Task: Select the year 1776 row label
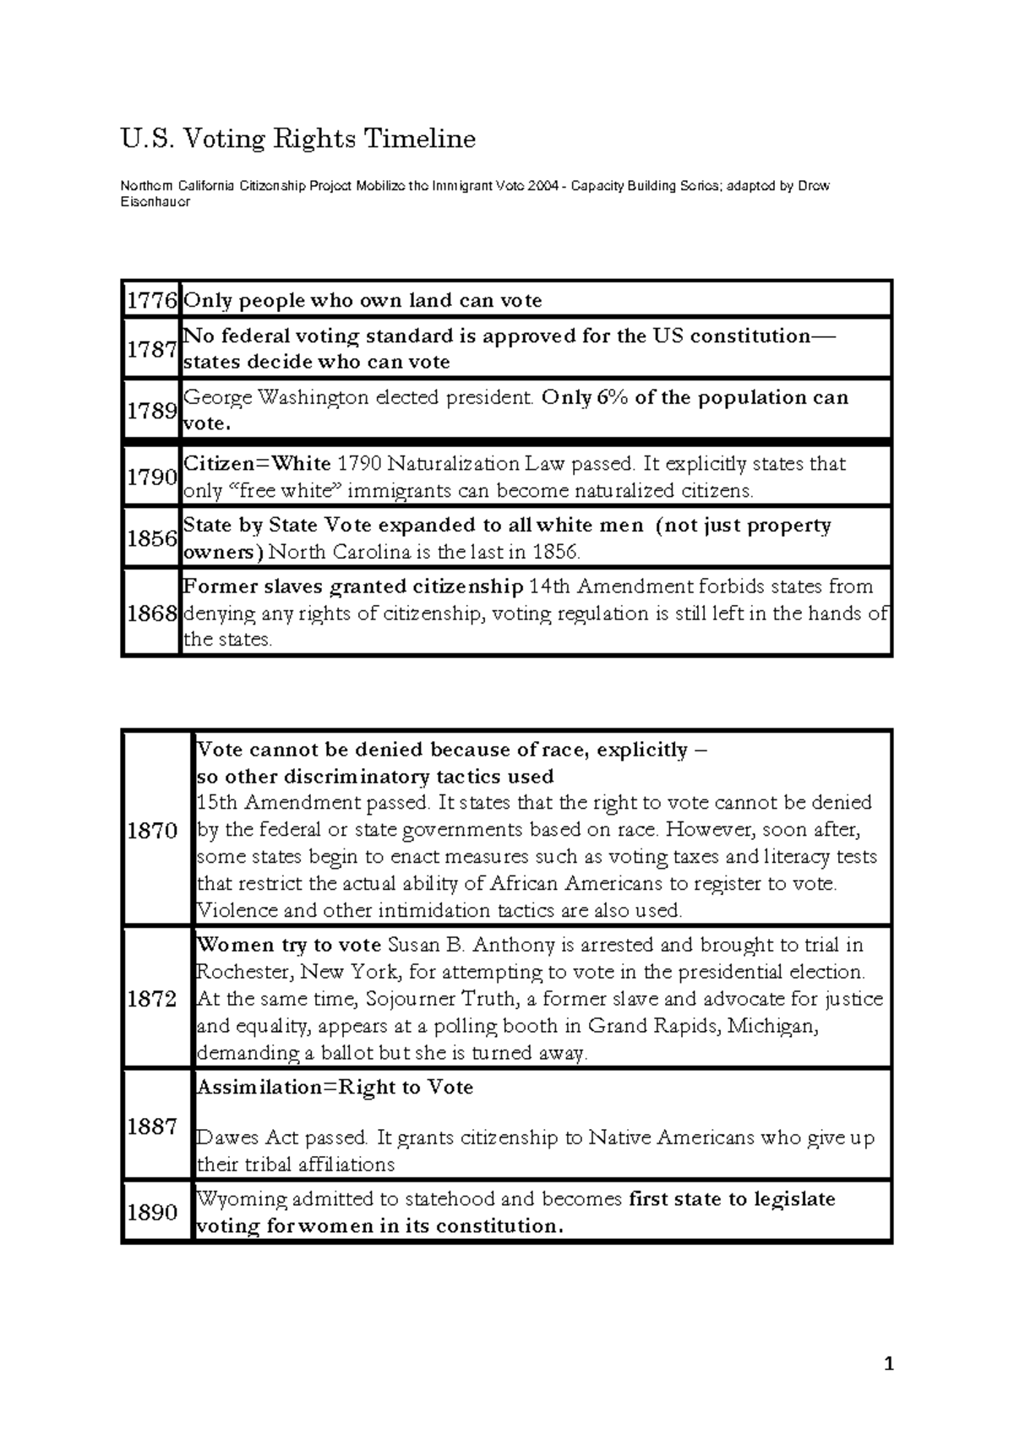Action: [151, 300]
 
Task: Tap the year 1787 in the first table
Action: [151, 348]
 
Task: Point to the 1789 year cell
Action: [151, 410]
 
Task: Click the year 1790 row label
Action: [151, 477]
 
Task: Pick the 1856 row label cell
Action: [151, 537]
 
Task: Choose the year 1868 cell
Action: [151, 613]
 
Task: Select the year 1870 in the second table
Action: [152, 830]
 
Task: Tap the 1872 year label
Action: [152, 999]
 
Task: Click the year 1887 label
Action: [152, 1126]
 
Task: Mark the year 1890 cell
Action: [152, 1212]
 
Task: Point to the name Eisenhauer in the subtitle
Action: [155, 202]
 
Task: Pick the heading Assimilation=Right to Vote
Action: [335, 1087]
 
